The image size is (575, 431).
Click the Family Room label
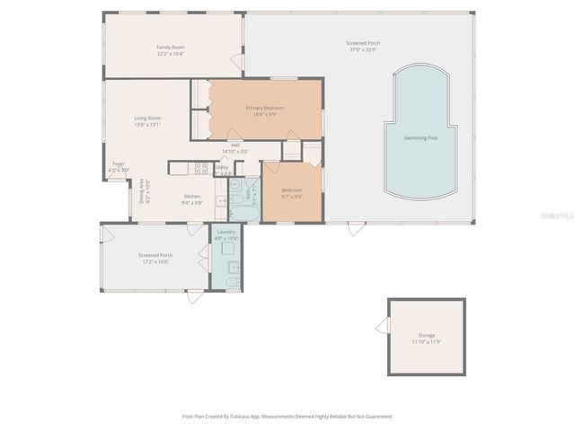pos(171,47)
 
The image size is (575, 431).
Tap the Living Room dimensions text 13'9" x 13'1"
pos(146,125)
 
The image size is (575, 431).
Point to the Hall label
pos(234,145)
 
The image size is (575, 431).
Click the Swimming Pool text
pos(420,137)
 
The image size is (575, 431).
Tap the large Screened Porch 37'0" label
pos(363,44)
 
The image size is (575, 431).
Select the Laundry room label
pos(226,232)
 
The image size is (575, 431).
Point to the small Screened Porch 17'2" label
pos(155,255)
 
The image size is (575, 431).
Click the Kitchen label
pos(192,197)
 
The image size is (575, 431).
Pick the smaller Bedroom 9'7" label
pos(292,189)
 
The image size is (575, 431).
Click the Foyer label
pos(119,163)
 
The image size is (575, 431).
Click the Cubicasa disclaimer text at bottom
pos(287,417)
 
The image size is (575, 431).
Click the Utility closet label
pos(222,167)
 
